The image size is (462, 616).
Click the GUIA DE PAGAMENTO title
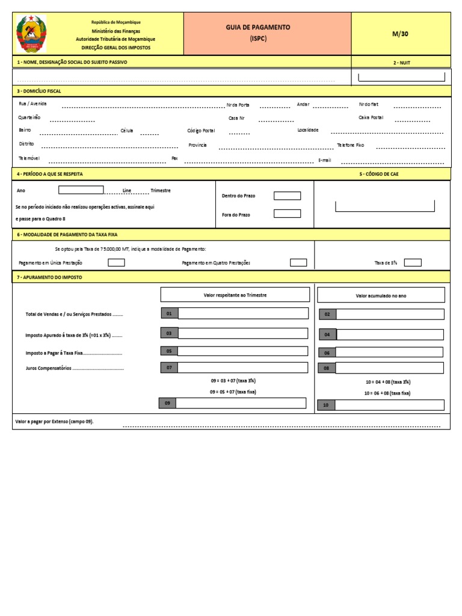click(257, 28)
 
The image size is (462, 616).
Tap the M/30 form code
click(400, 34)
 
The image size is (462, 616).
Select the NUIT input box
click(401, 77)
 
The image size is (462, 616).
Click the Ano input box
click(81, 190)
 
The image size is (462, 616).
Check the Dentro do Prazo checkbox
click(287, 196)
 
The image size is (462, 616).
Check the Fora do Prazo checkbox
click(287, 214)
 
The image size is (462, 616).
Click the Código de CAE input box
click(385, 206)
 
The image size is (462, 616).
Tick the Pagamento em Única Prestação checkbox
click(116, 262)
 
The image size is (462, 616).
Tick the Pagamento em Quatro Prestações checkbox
click(298, 262)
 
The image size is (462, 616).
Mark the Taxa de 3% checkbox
click(413, 262)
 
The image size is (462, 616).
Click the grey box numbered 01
click(169, 313)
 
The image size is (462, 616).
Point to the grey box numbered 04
click(327, 335)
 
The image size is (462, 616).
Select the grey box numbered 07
click(169, 367)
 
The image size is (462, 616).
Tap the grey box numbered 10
click(325, 405)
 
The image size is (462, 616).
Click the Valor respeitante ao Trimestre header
click(235, 295)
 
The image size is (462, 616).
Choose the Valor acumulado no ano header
click(381, 295)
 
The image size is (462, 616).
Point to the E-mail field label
click(324, 161)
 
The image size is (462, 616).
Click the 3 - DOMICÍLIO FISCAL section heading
click(39, 91)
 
